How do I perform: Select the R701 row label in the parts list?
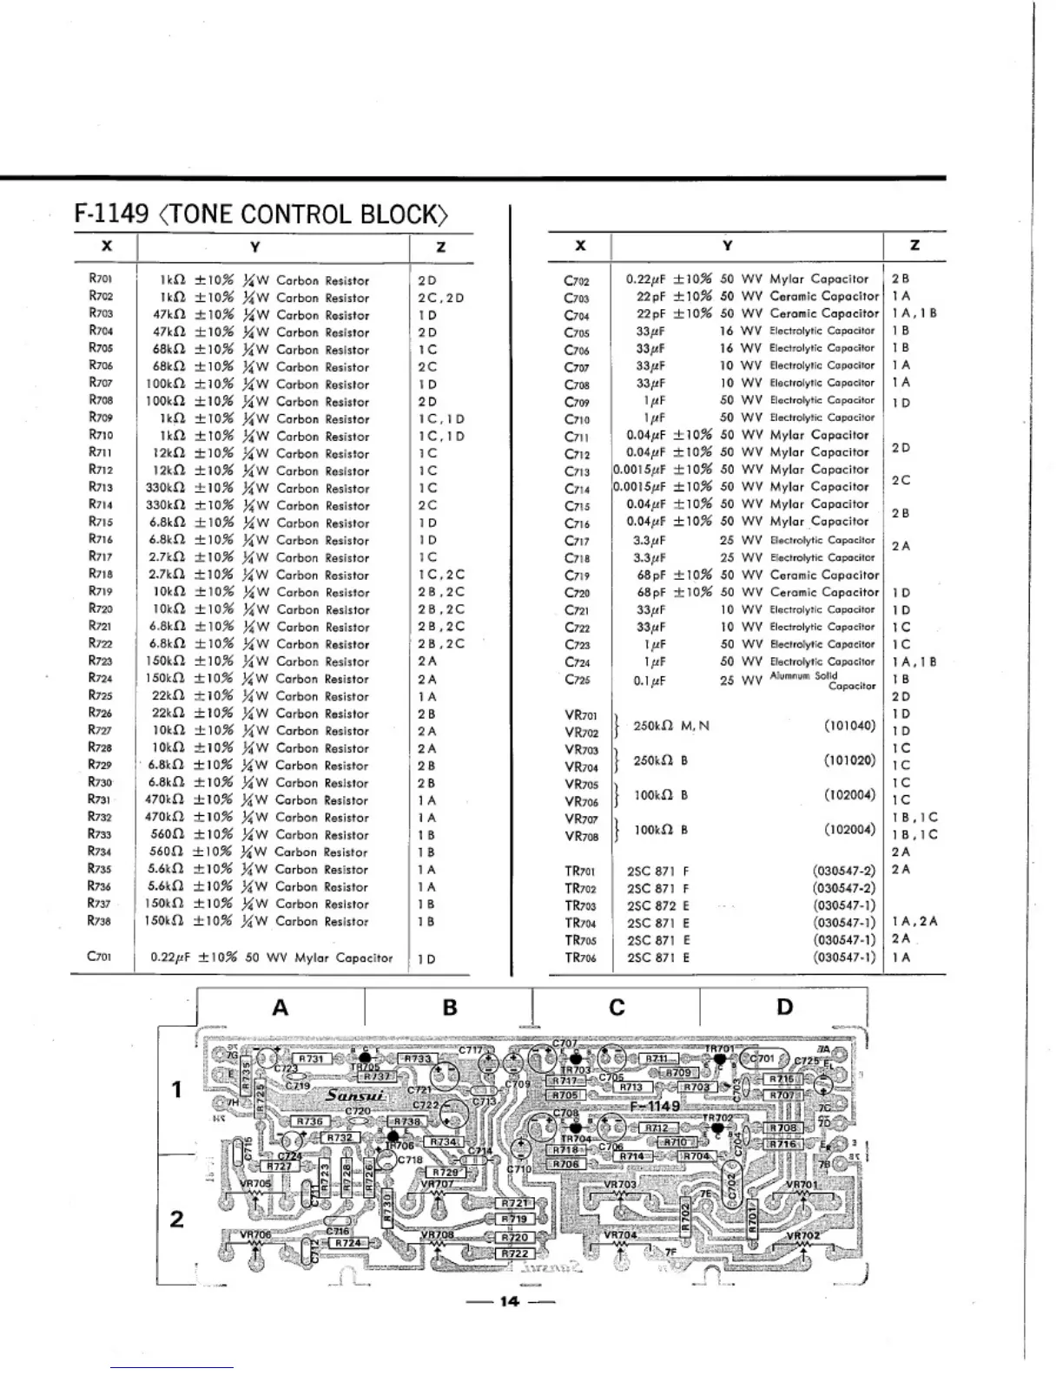tap(100, 280)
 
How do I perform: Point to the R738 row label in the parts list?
tap(100, 921)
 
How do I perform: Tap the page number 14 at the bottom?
tap(509, 1301)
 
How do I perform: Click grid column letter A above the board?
tap(280, 1008)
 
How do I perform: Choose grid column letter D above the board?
tap(784, 1007)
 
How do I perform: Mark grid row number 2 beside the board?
tap(176, 1219)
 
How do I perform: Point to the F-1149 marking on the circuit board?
tap(656, 1106)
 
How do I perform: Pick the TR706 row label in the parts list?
tap(580, 957)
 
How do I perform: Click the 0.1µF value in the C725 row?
tap(650, 681)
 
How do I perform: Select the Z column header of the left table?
tap(440, 247)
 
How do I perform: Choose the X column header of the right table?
tap(580, 246)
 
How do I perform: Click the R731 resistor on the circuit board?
tap(311, 1059)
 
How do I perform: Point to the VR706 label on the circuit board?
tap(255, 1234)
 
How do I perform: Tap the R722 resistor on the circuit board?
tap(515, 1253)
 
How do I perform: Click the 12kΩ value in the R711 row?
tap(164, 453)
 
